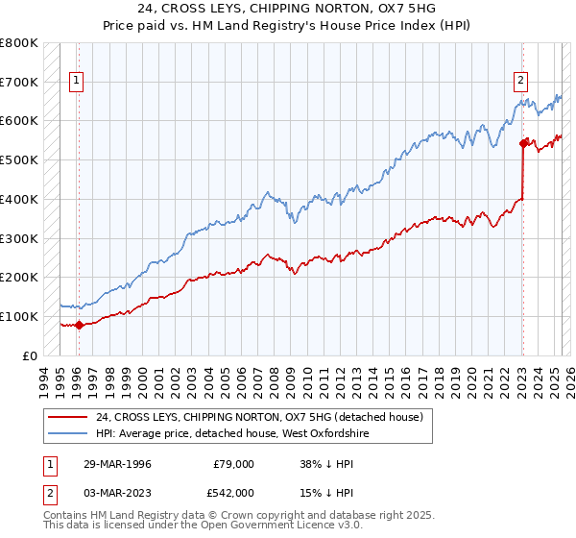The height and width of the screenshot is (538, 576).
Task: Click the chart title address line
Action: (x=287, y=9)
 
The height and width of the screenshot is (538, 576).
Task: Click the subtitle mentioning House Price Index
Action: (x=287, y=24)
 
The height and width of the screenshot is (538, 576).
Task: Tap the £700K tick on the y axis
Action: (x=19, y=82)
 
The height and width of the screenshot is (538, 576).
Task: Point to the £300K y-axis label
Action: (x=19, y=238)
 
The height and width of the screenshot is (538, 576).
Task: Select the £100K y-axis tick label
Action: (x=19, y=316)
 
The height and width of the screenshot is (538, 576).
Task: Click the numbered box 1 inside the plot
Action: (x=76, y=82)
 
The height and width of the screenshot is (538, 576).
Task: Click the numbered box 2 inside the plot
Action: (x=520, y=82)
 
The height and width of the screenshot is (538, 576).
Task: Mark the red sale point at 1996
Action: (x=79, y=325)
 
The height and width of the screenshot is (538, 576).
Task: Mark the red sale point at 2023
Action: (x=523, y=143)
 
